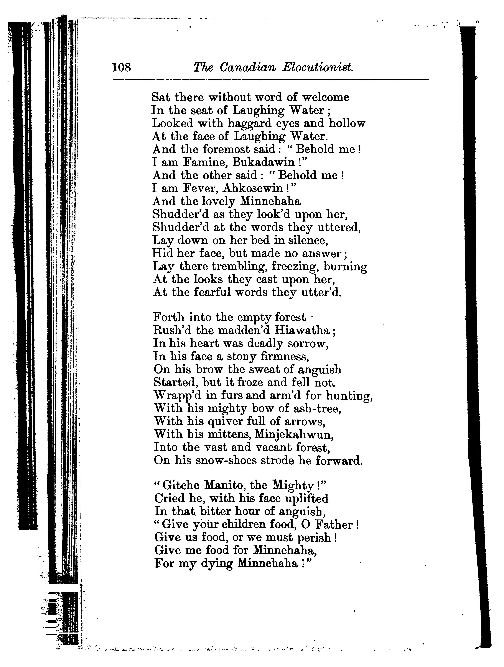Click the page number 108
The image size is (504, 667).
[x=122, y=67]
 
